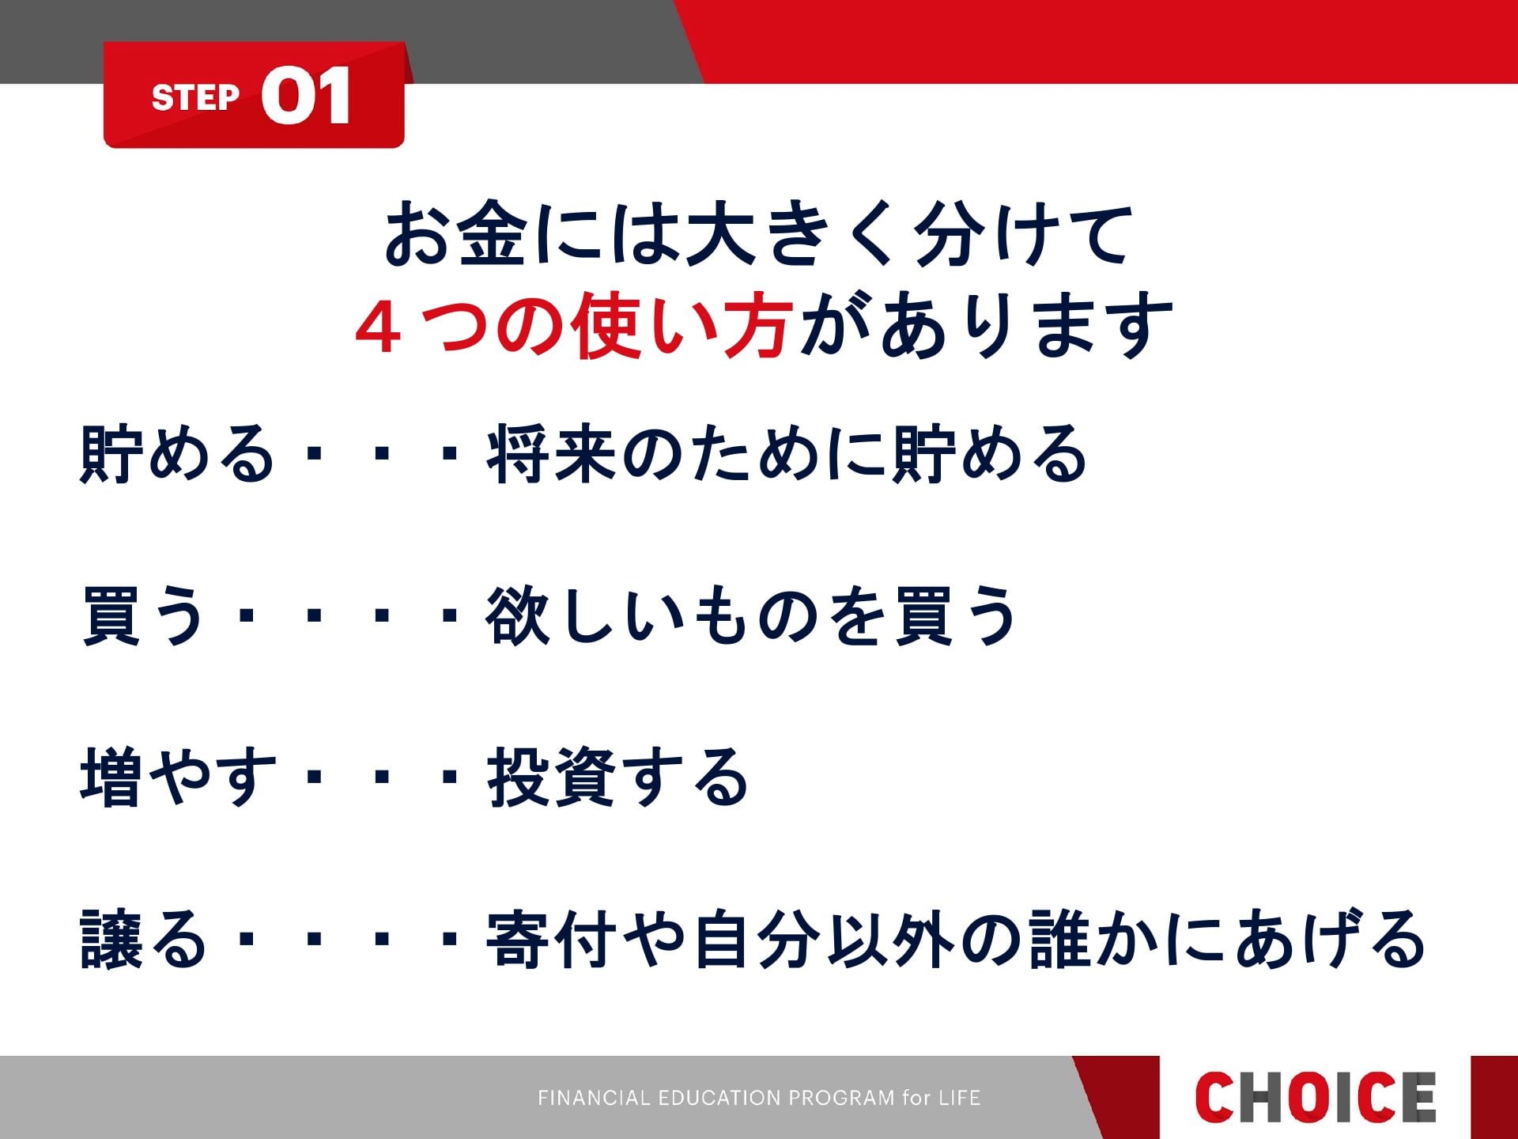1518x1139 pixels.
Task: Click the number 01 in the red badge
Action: pos(306,95)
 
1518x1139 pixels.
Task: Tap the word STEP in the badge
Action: pos(195,98)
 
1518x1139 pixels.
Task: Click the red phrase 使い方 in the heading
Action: pos(682,326)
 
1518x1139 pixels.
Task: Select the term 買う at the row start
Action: pos(143,615)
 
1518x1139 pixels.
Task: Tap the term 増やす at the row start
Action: pos(179,778)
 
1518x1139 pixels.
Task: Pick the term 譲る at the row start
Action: pos(143,940)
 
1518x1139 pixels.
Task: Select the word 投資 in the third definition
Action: pos(552,778)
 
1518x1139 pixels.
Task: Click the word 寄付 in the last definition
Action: pos(552,940)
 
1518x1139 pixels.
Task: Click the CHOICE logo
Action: pos(1315,1097)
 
